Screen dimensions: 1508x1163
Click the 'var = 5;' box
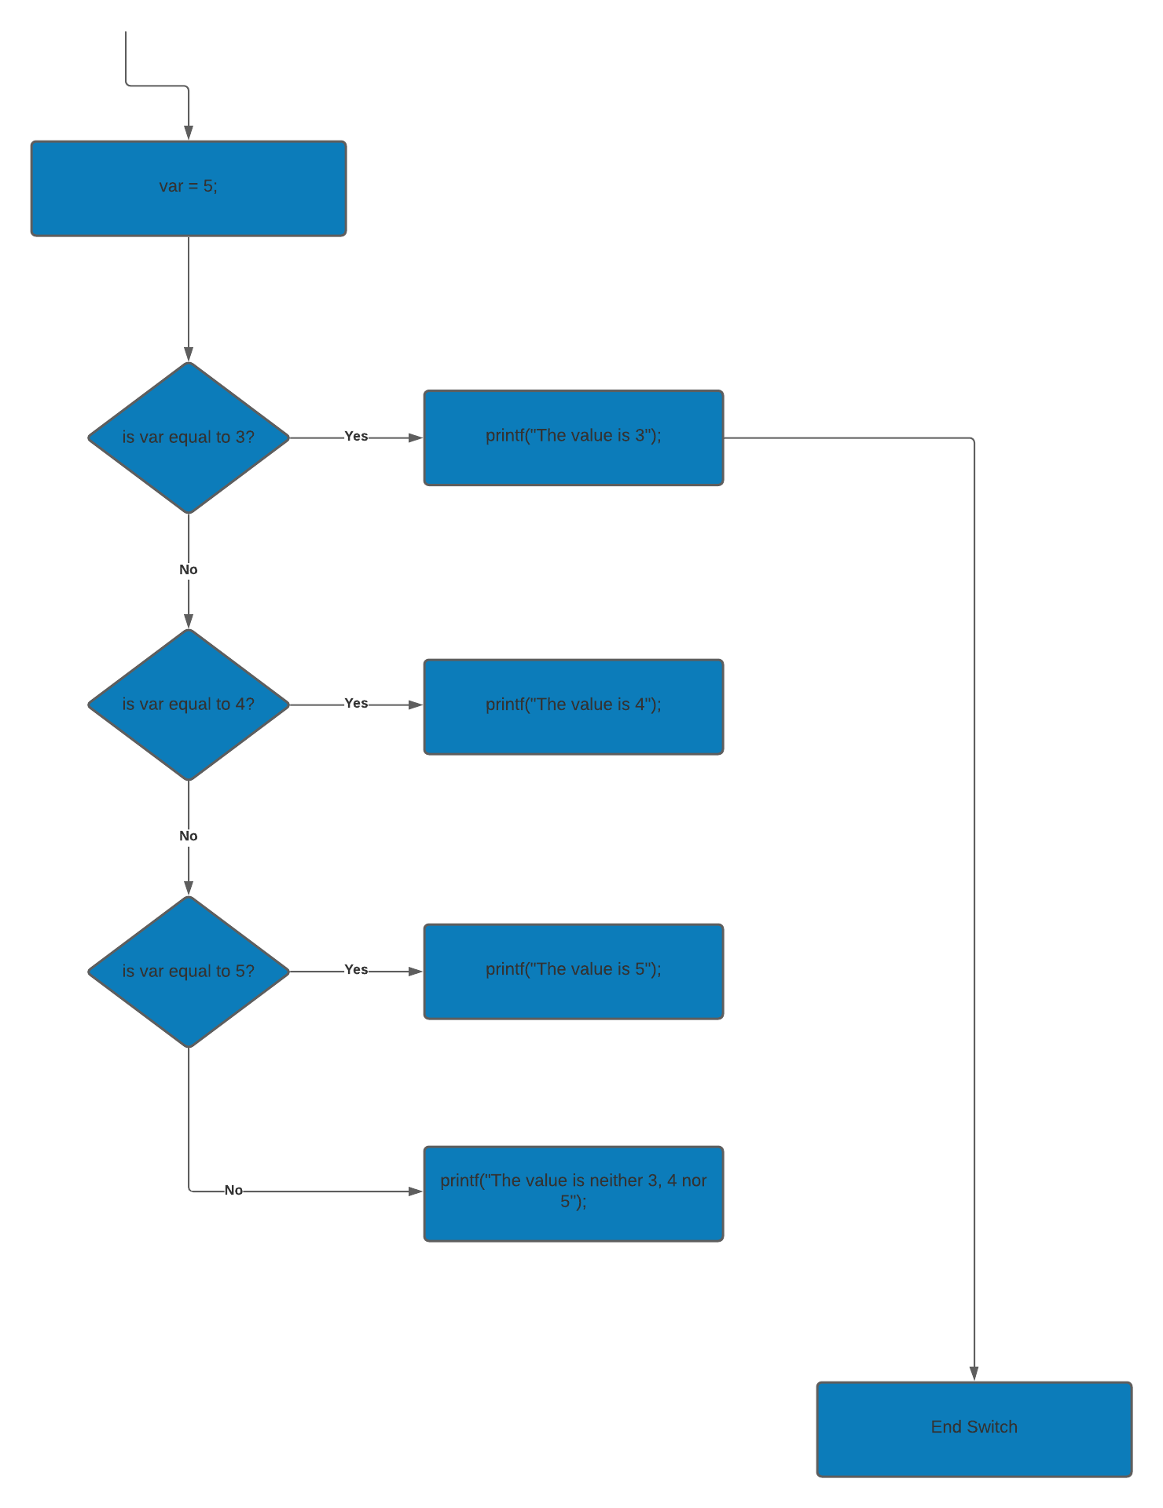coord(189,188)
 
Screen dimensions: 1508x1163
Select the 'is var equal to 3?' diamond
coord(189,437)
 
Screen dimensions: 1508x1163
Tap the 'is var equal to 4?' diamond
coord(189,705)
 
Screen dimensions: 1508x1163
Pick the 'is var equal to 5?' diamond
coord(189,972)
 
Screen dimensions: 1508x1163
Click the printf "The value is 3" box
coord(574,437)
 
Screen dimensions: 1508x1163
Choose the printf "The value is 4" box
coord(574,706)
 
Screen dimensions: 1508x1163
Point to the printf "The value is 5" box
coord(574,972)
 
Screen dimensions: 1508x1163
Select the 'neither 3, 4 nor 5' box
coord(574,1193)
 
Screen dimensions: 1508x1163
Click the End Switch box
coord(974,1429)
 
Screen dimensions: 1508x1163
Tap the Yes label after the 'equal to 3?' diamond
coord(356,436)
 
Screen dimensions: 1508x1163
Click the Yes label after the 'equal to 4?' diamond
coord(356,703)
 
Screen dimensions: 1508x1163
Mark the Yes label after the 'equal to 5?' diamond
coord(356,970)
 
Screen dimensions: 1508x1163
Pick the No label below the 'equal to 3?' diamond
coord(189,569)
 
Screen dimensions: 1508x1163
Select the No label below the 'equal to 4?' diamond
coord(189,836)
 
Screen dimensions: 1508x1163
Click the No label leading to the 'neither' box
coord(233,1190)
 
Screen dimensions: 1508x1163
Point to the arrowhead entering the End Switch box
coord(974,1374)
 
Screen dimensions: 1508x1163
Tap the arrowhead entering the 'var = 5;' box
coord(189,133)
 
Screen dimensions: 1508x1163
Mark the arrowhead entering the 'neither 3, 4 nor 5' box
coord(416,1191)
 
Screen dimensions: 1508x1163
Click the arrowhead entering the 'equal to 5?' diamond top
coord(189,888)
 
